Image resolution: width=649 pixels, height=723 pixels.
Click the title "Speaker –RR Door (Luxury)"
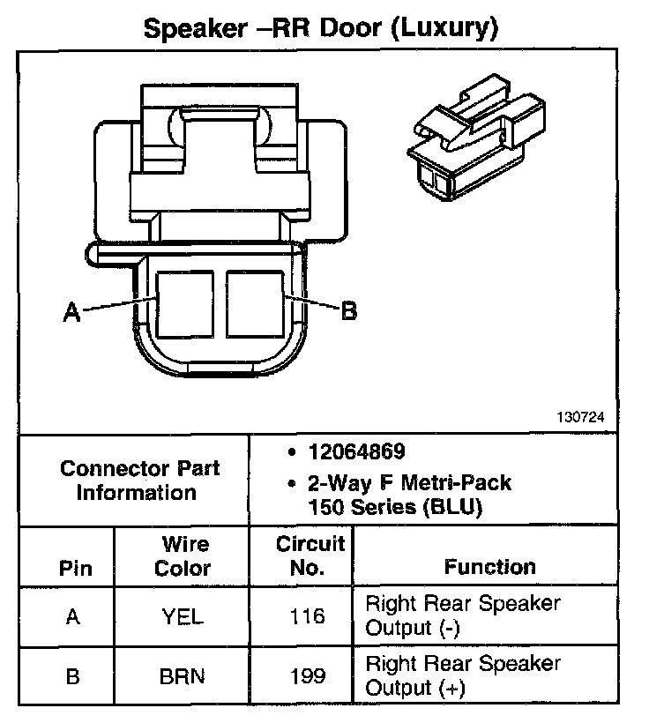[x=321, y=28]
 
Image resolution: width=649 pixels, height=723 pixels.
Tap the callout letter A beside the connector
[x=72, y=311]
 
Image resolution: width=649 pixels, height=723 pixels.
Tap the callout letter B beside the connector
[x=349, y=310]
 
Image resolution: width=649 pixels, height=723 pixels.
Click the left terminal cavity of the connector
[x=184, y=302]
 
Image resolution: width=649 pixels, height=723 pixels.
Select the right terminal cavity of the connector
[x=254, y=302]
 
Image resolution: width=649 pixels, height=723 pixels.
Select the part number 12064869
[x=356, y=452]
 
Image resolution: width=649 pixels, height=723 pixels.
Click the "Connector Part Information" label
[x=139, y=481]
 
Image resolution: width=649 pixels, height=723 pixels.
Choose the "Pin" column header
[x=75, y=568]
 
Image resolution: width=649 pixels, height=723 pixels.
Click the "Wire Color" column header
[x=183, y=556]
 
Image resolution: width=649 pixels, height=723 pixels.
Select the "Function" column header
[x=489, y=567]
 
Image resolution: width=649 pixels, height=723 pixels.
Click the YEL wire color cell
[x=183, y=617]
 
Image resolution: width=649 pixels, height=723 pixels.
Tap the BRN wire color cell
[x=183, y=677]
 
